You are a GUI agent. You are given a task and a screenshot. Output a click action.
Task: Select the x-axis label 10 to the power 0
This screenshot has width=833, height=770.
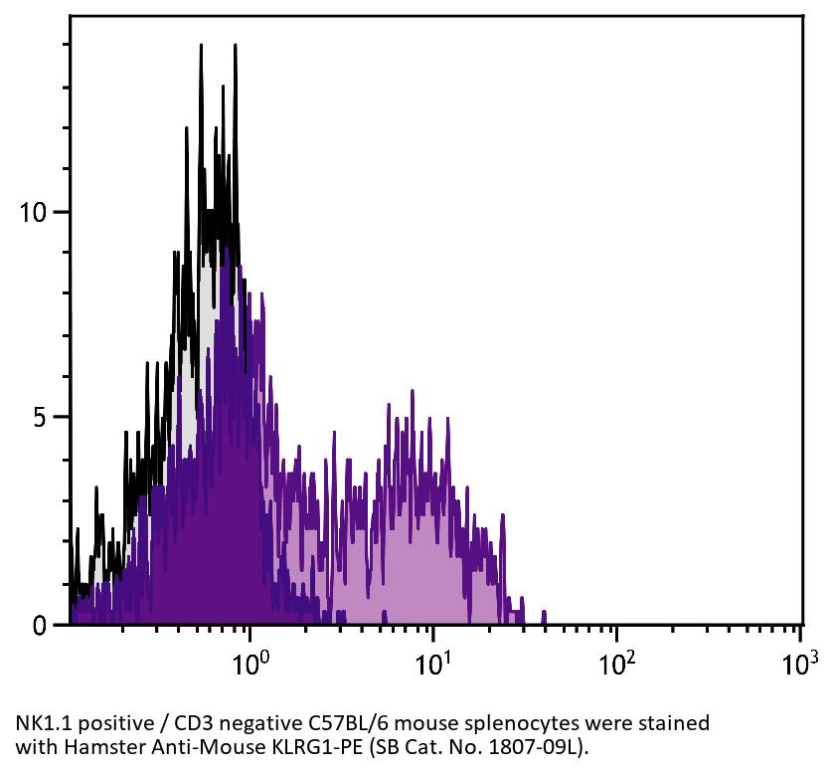click(250, 662)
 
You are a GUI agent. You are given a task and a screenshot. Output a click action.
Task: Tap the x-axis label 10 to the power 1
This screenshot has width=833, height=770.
click(433, 662)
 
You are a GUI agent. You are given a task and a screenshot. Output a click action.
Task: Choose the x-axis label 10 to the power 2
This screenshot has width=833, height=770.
click(616, 662)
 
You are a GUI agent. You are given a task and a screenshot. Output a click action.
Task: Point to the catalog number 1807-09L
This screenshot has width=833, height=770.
click(518, 746)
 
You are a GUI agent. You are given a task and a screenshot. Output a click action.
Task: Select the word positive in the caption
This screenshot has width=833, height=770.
click(112, 723)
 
